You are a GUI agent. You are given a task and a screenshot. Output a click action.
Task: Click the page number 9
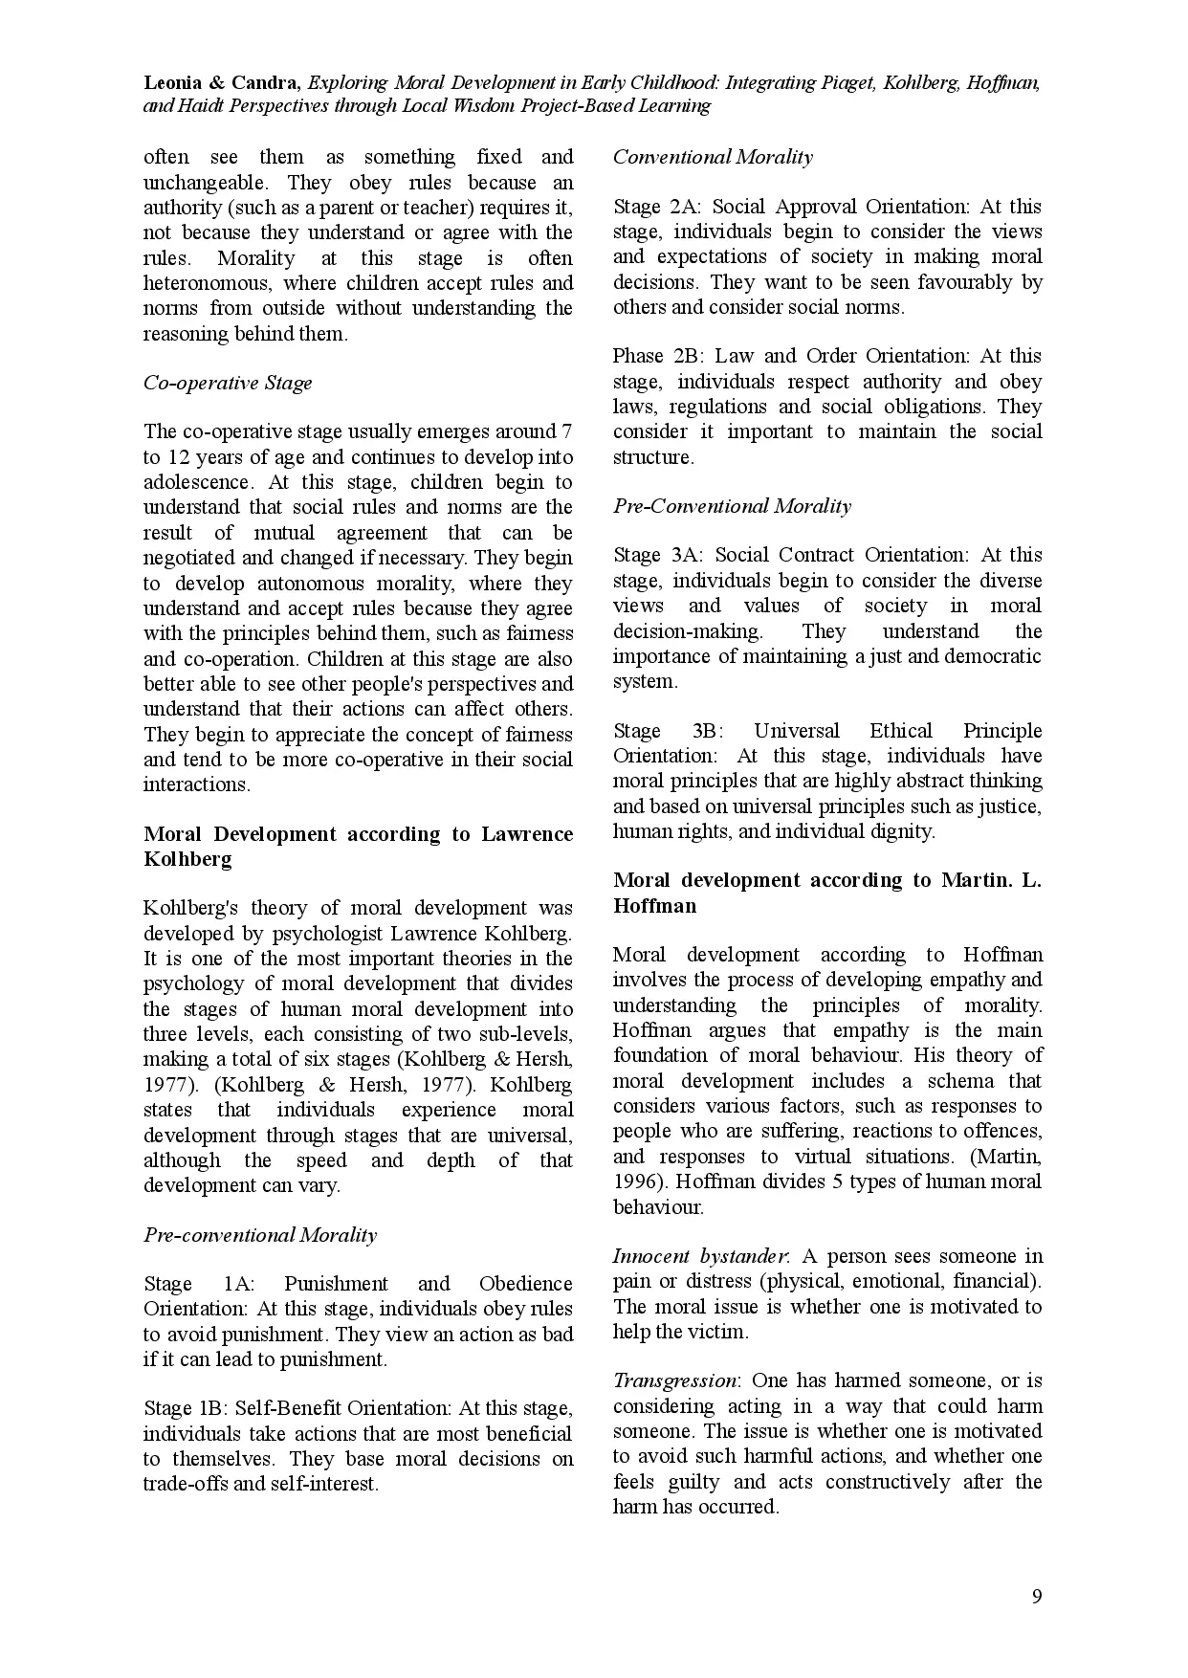[1037, 1596]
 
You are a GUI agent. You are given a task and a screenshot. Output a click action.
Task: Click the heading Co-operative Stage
[228, 383]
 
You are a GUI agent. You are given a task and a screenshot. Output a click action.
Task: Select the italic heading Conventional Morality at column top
[713, 157]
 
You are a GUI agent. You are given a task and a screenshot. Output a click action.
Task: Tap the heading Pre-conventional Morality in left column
[260, 1234]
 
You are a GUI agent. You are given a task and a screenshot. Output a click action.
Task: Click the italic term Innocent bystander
[700, 1256]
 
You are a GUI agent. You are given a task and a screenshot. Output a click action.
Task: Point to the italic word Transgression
[674, 1380]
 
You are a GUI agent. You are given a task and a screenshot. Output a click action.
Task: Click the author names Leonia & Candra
[222, 83]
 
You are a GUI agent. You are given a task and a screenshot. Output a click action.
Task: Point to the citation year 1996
[634, 1181]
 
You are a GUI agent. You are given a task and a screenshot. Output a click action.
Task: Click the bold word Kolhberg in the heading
[187, 859]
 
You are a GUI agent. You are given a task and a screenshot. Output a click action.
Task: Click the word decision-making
[688, 631]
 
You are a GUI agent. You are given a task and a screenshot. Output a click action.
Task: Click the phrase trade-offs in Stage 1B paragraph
[189, 1484]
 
